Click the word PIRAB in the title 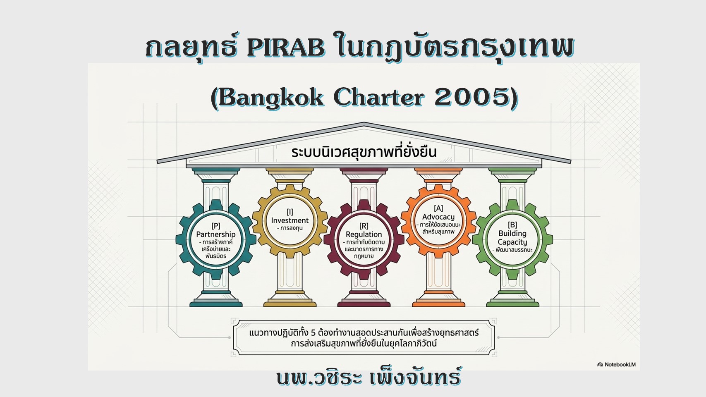pyautogui.click(x=286, y=48)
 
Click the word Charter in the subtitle pyautogui.click(x=378, y=97)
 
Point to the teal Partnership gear pyautogui.click(x=182, y=239)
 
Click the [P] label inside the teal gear pyautogui.click(x=216, y=226)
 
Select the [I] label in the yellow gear pyautogui.click(x=290, y=212)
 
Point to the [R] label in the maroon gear pyautogui.click(x=364, y=226)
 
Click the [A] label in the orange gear pyautogui.click(x=438, y=208)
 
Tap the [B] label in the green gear pyautogui.click(x=512, y=225)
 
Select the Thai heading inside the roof pyautogui.click(x=364, y=152)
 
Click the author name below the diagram pyautogui.click(x=369, y=378)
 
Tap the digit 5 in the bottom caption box pyautogui.click(x=313, y=333)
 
